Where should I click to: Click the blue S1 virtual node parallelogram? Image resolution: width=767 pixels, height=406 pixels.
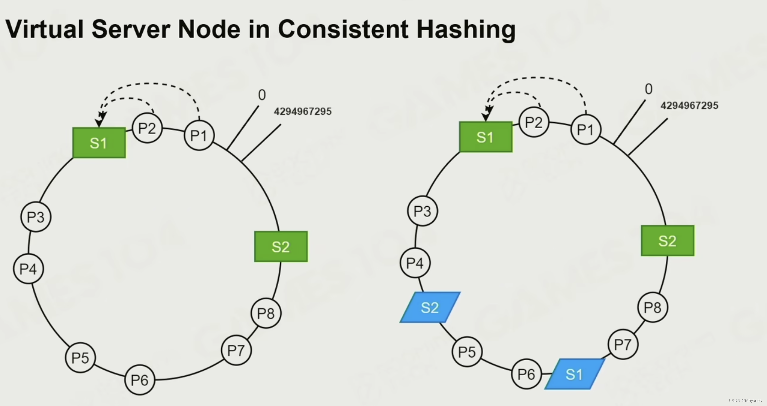pyautogui.click(x=575, y=374)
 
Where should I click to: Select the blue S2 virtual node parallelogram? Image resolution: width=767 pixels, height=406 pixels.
pyautogui.click(x=430, y=308)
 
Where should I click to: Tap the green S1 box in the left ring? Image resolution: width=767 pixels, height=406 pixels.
pyautogui.click(x=99, y=143)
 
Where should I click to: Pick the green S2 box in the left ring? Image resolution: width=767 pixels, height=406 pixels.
pyautogui.click(x=281, y=246)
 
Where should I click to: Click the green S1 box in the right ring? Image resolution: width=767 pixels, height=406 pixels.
pyautogui.click(x=486, y=137)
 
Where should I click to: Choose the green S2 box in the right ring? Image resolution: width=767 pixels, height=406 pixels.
pyautogui.click(x=667, y=241)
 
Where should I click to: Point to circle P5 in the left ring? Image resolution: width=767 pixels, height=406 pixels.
pyautogui.click(x=81, y=358)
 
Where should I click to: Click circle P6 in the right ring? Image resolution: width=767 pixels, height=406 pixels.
pyautogui.click(x=526, y=374)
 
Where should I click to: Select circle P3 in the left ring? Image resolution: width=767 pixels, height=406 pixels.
pyautogui.click(x=36, y=217)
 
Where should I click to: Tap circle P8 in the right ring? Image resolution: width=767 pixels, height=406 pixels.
pyautogui.click(x=652, y=307)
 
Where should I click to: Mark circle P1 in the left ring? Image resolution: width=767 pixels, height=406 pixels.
pyautogui.click(x=199, y=136)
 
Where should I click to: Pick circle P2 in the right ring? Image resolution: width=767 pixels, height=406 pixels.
pyautogui.click(x=534, y=122)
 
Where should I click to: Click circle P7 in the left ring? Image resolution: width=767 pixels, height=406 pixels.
pyautogui.click(x=236, y=350)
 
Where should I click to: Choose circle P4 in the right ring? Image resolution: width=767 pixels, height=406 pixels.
pyautogui.click(x=415, y=263)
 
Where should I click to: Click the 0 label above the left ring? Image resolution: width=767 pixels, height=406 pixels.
pyautogui.click(x=262, y=95)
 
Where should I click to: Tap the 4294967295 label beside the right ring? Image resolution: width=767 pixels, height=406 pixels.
pyautogui.click(x=689, y=106)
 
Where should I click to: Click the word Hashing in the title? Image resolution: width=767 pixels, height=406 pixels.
pyautogui.click(x=466, y=29)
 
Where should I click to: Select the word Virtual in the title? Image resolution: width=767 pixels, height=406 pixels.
pyautogui.click(x=44, y=29)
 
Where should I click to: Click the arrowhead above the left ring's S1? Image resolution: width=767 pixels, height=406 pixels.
pyautogui.click(x=100, y=121)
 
